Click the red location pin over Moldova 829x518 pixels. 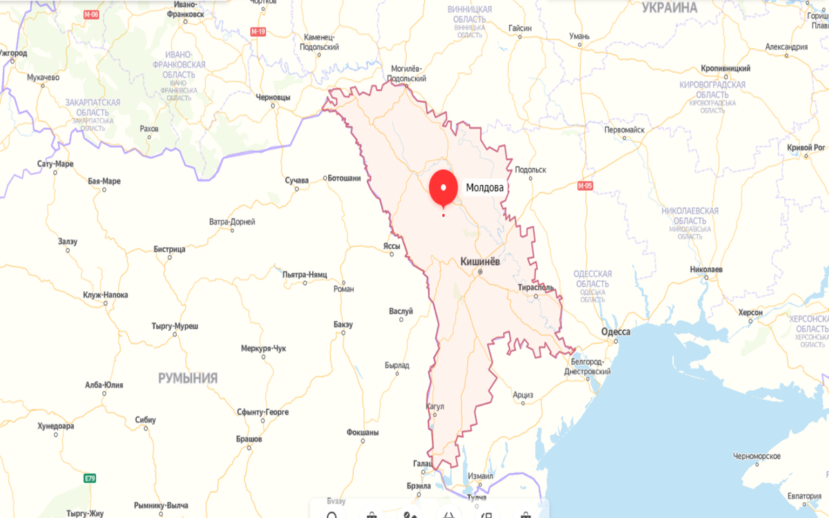point(444,187)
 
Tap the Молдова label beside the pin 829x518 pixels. point(485,187)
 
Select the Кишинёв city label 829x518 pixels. point(479,262)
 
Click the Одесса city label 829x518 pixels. point(616,332)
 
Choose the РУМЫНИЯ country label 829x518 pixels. point(188,378)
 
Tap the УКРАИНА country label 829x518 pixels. point(669,8)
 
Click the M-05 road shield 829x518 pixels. point(585,186)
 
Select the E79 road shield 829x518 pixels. point(90,478)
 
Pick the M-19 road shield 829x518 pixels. point(258,32)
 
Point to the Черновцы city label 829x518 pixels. point(273,97)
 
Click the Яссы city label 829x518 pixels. point(392,245)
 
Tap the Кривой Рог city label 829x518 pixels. point(806,147)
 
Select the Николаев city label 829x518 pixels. point(706,269)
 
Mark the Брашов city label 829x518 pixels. point(249,439)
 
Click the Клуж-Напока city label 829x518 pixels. point(105,295)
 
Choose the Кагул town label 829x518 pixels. point(436,407)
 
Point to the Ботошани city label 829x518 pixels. point(343,178)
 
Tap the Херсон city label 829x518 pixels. point(750,312)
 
